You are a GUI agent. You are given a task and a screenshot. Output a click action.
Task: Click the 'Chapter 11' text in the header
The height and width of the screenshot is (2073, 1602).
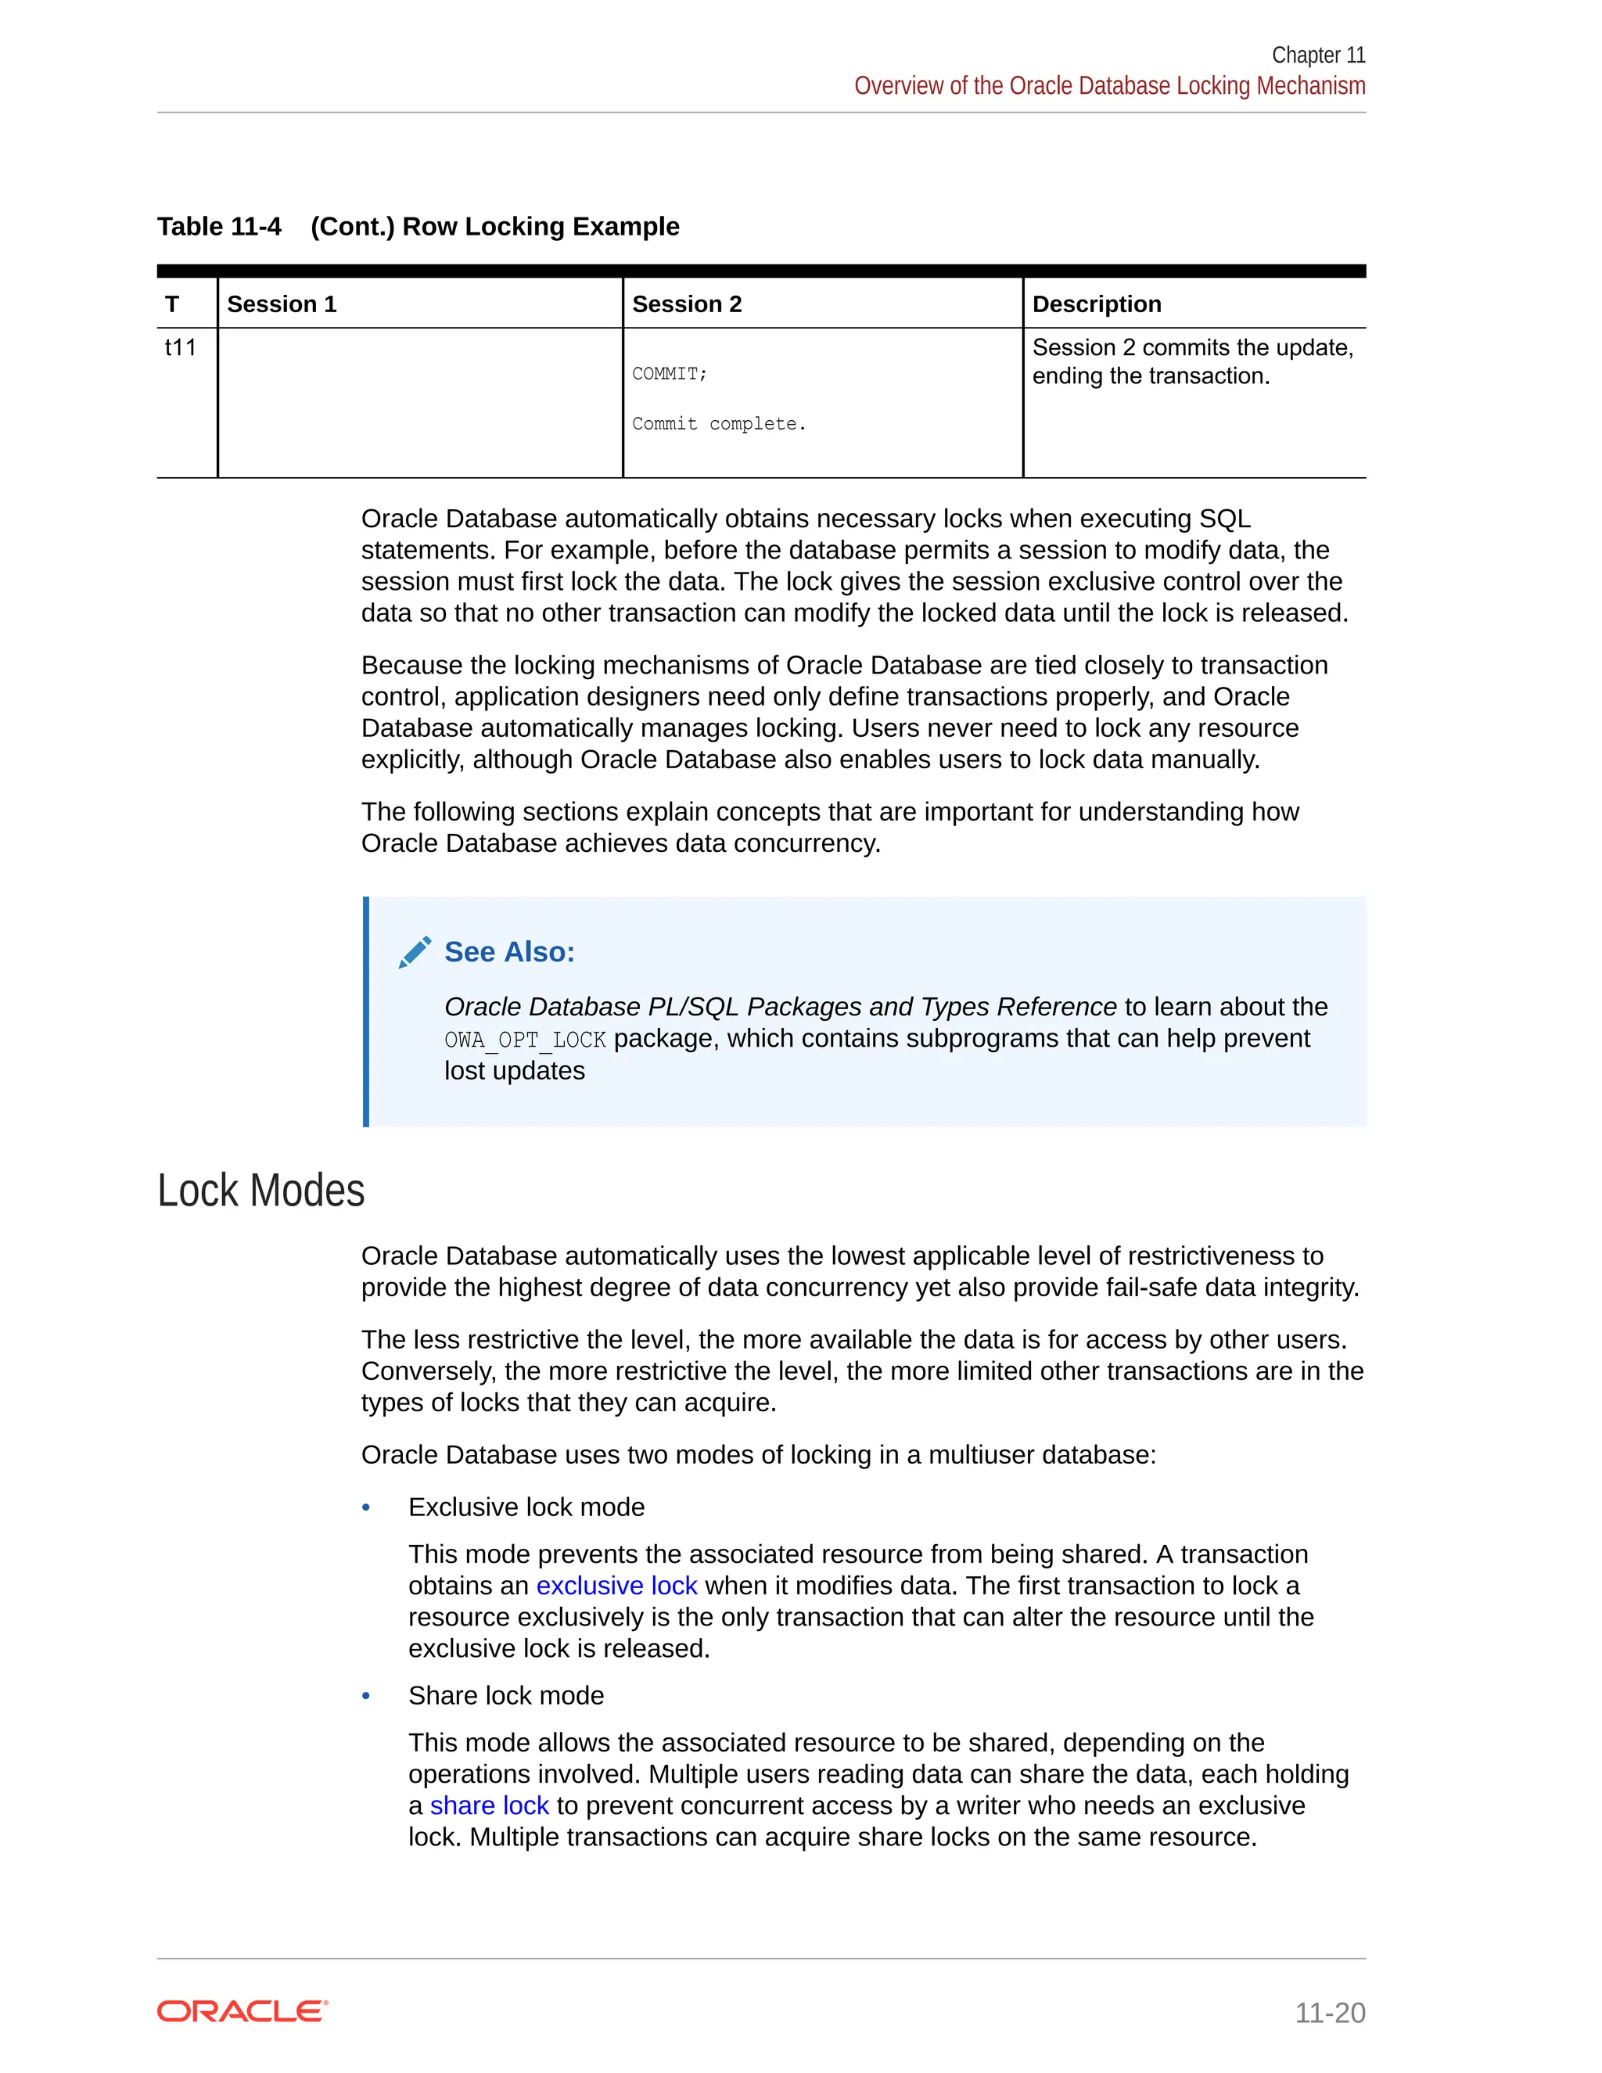pos(1317,55)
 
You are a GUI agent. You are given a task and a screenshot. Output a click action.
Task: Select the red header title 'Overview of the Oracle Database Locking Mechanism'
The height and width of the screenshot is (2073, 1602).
pos(1108,86)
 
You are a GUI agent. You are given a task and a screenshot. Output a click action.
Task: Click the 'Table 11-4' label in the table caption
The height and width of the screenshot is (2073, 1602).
pos(219,227)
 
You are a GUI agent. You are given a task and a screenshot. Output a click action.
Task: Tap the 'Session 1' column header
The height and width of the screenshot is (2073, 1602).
pos(282,304)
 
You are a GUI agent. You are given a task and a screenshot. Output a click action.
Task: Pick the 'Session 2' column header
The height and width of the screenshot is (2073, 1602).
pos(686,304)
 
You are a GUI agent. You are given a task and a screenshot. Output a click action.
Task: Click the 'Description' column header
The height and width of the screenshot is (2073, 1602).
pos(1096,304)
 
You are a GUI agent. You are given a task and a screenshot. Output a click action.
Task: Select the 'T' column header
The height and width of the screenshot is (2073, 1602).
pos(172,304)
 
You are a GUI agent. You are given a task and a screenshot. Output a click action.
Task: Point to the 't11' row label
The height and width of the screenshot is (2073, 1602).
pos(181,347)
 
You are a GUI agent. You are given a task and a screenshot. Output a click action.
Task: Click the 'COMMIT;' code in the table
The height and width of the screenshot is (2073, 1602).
pos(669,374)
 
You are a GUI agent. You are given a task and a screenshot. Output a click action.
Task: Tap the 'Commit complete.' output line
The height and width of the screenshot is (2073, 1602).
pos(718,424)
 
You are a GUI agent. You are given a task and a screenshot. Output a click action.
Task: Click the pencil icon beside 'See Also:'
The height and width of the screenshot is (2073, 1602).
pos(415,952)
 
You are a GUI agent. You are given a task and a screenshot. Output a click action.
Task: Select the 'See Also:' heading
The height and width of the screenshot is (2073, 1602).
pos(510,952)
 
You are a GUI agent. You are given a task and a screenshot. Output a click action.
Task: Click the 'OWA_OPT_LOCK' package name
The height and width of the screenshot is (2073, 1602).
pos(525,1040)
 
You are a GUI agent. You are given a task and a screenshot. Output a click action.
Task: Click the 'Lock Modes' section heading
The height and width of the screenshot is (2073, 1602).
pos(261,1191)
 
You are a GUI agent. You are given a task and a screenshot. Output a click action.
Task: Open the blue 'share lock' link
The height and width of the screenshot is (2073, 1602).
pos(489,1806)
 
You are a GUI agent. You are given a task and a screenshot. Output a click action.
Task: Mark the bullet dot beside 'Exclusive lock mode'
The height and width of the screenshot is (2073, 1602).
pos(366,1508)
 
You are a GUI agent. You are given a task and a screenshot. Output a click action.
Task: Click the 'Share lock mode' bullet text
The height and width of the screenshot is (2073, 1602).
pos(506,1696)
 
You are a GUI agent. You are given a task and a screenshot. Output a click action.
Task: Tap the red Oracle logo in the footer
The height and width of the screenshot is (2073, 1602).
pos(242,2011)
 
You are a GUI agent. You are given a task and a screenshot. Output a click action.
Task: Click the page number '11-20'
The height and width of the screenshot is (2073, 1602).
pos(1330,2014)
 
